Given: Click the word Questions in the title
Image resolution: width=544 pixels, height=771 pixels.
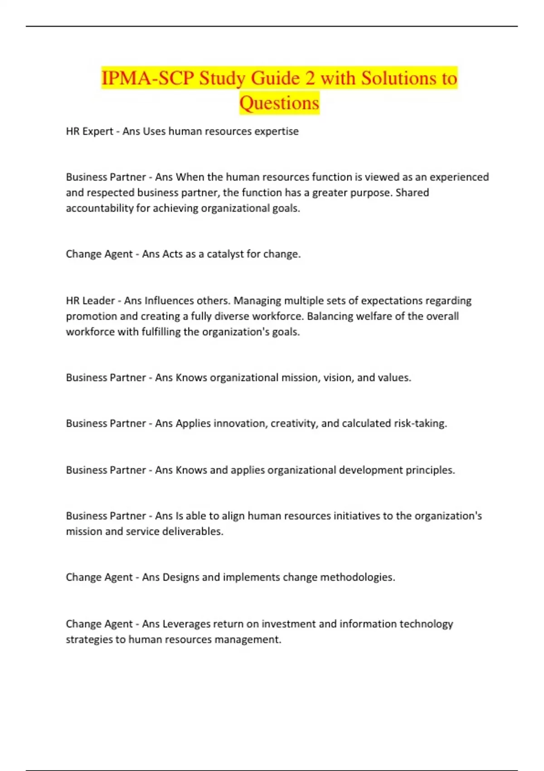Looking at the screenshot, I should pos(279,103).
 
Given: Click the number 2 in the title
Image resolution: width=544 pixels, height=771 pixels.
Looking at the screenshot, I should pos(310,78).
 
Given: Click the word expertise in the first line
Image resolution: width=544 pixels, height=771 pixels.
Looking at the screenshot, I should pos(276,132).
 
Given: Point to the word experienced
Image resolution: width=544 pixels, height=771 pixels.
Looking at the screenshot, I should pos(459,177).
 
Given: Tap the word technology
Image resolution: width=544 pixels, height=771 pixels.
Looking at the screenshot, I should pos(426,624).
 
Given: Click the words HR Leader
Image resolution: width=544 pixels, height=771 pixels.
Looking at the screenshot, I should pos(90,301).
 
